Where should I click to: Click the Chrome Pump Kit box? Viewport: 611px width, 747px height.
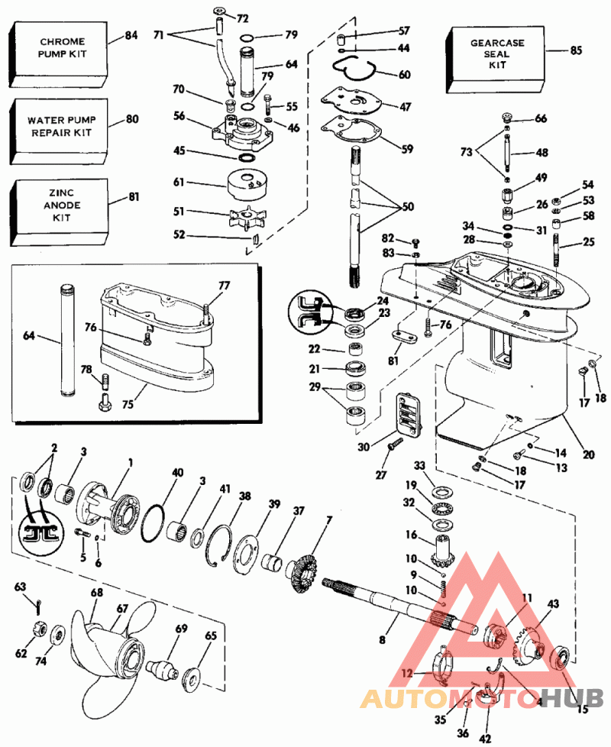click(x=57, y=47)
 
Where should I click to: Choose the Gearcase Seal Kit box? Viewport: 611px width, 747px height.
click(x=496, y=54)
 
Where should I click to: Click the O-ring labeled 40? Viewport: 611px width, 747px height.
click(x=161, y=524)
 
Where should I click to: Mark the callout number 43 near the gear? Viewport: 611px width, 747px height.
click(x=553, y=603)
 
